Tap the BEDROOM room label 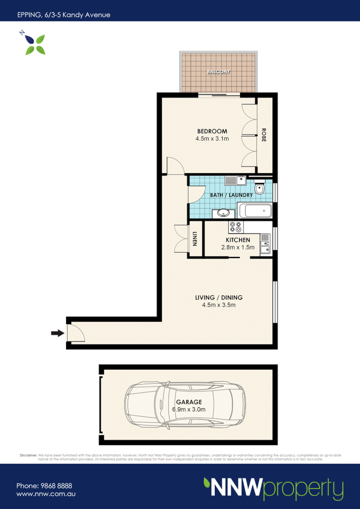pos(212,131)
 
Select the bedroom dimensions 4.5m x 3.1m pos(212,139)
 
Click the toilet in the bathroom pos(259,188)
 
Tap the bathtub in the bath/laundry pos(255,211)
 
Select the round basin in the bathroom pos(223,213)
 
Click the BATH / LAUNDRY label pos(231,195)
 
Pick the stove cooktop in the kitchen pos(235,228)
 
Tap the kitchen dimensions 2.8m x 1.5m pos(238,247)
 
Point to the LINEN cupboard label pos(195,240)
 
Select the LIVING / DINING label pos(219,298)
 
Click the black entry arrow pos(57,333)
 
